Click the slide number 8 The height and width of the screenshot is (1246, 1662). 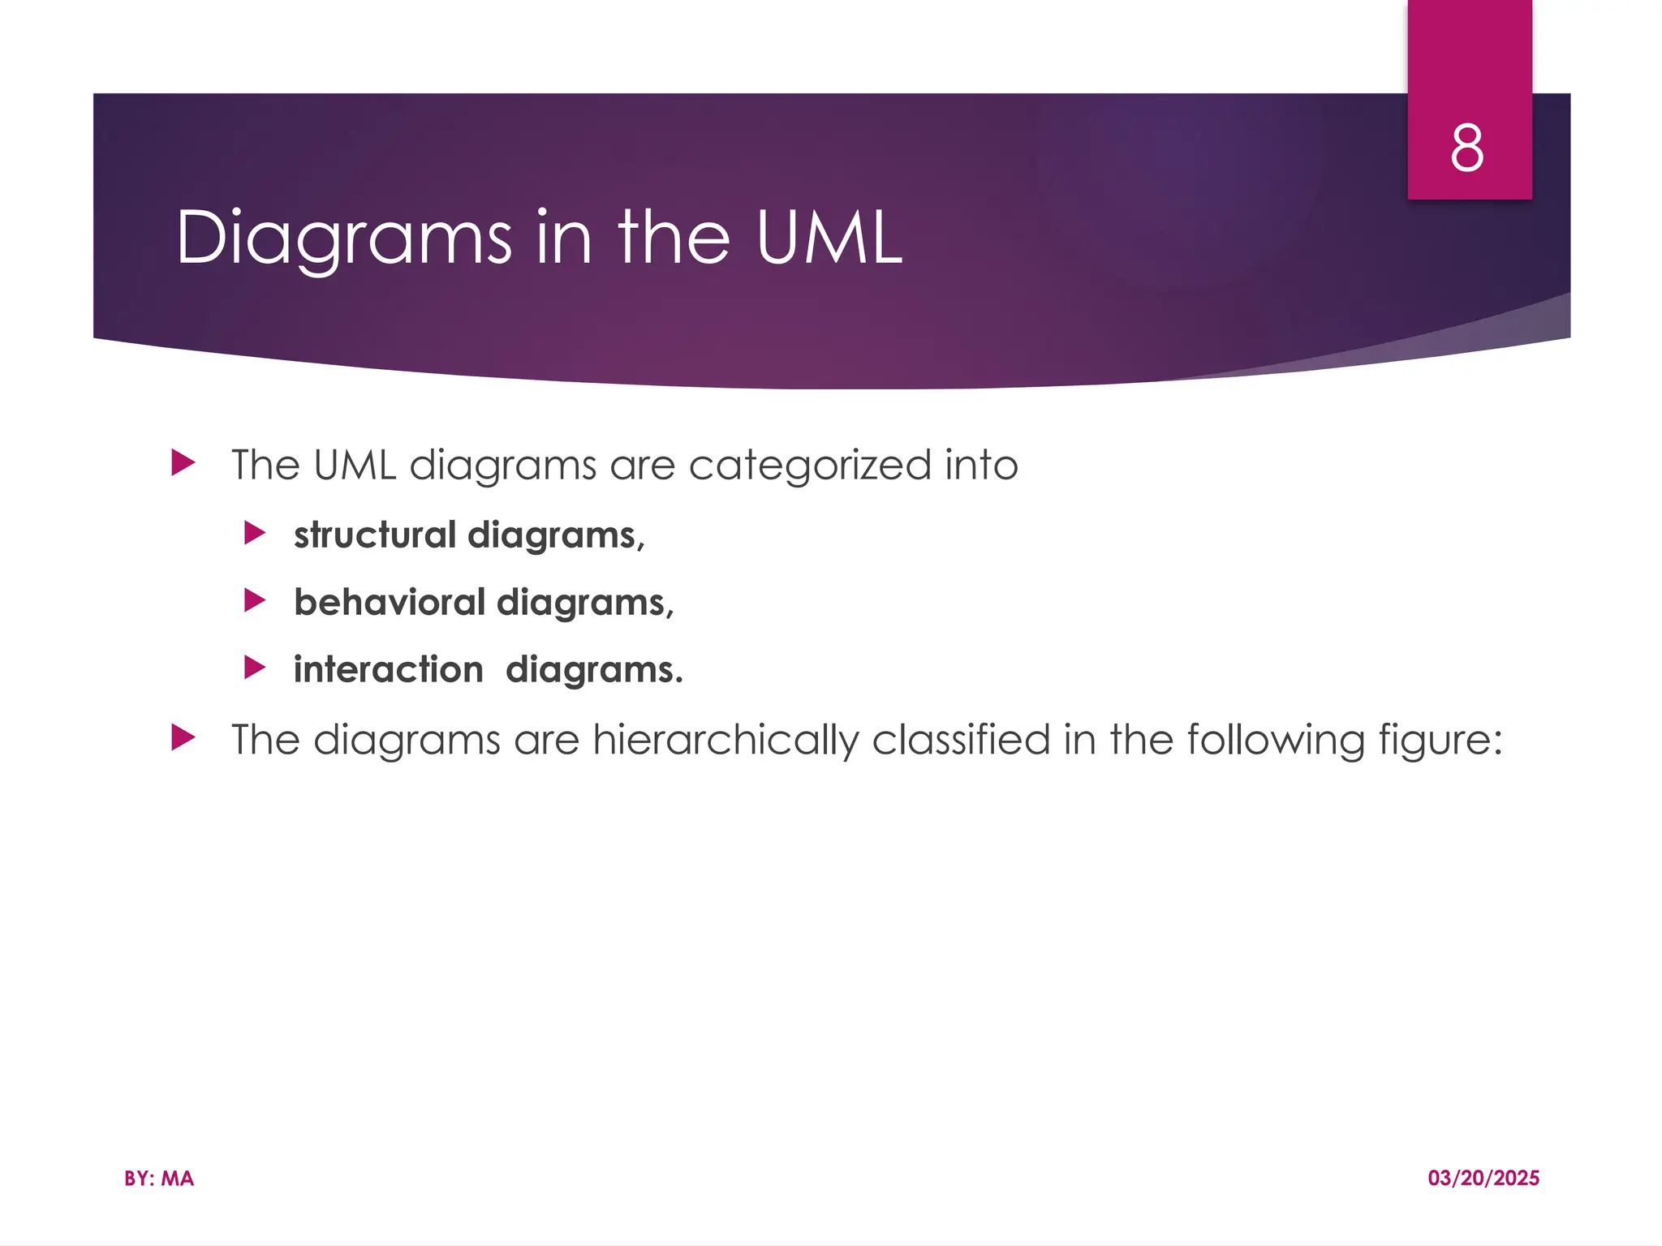point(1467,149)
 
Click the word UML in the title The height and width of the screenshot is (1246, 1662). point(829,238)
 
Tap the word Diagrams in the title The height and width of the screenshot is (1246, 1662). point(344,238)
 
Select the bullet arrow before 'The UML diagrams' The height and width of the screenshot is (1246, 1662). point(184,464)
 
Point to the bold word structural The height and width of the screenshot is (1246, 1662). point(375,535)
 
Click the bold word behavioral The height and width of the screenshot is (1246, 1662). point(390,603)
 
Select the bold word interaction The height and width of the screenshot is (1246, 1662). point(388,670)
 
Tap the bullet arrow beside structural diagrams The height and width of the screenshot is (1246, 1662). point(255,534)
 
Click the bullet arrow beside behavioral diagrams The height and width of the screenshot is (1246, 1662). point(255,601)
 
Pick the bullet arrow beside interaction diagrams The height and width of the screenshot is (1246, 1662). point(255,668)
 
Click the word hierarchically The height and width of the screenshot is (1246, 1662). point(726,741)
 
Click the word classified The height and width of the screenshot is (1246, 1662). point(961,740)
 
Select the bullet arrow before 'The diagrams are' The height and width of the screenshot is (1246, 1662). point(184,738)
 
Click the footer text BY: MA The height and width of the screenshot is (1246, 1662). point(159,1179)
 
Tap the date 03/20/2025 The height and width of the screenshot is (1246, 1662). point(1483,1179)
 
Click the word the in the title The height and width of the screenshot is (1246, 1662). point(674,238)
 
